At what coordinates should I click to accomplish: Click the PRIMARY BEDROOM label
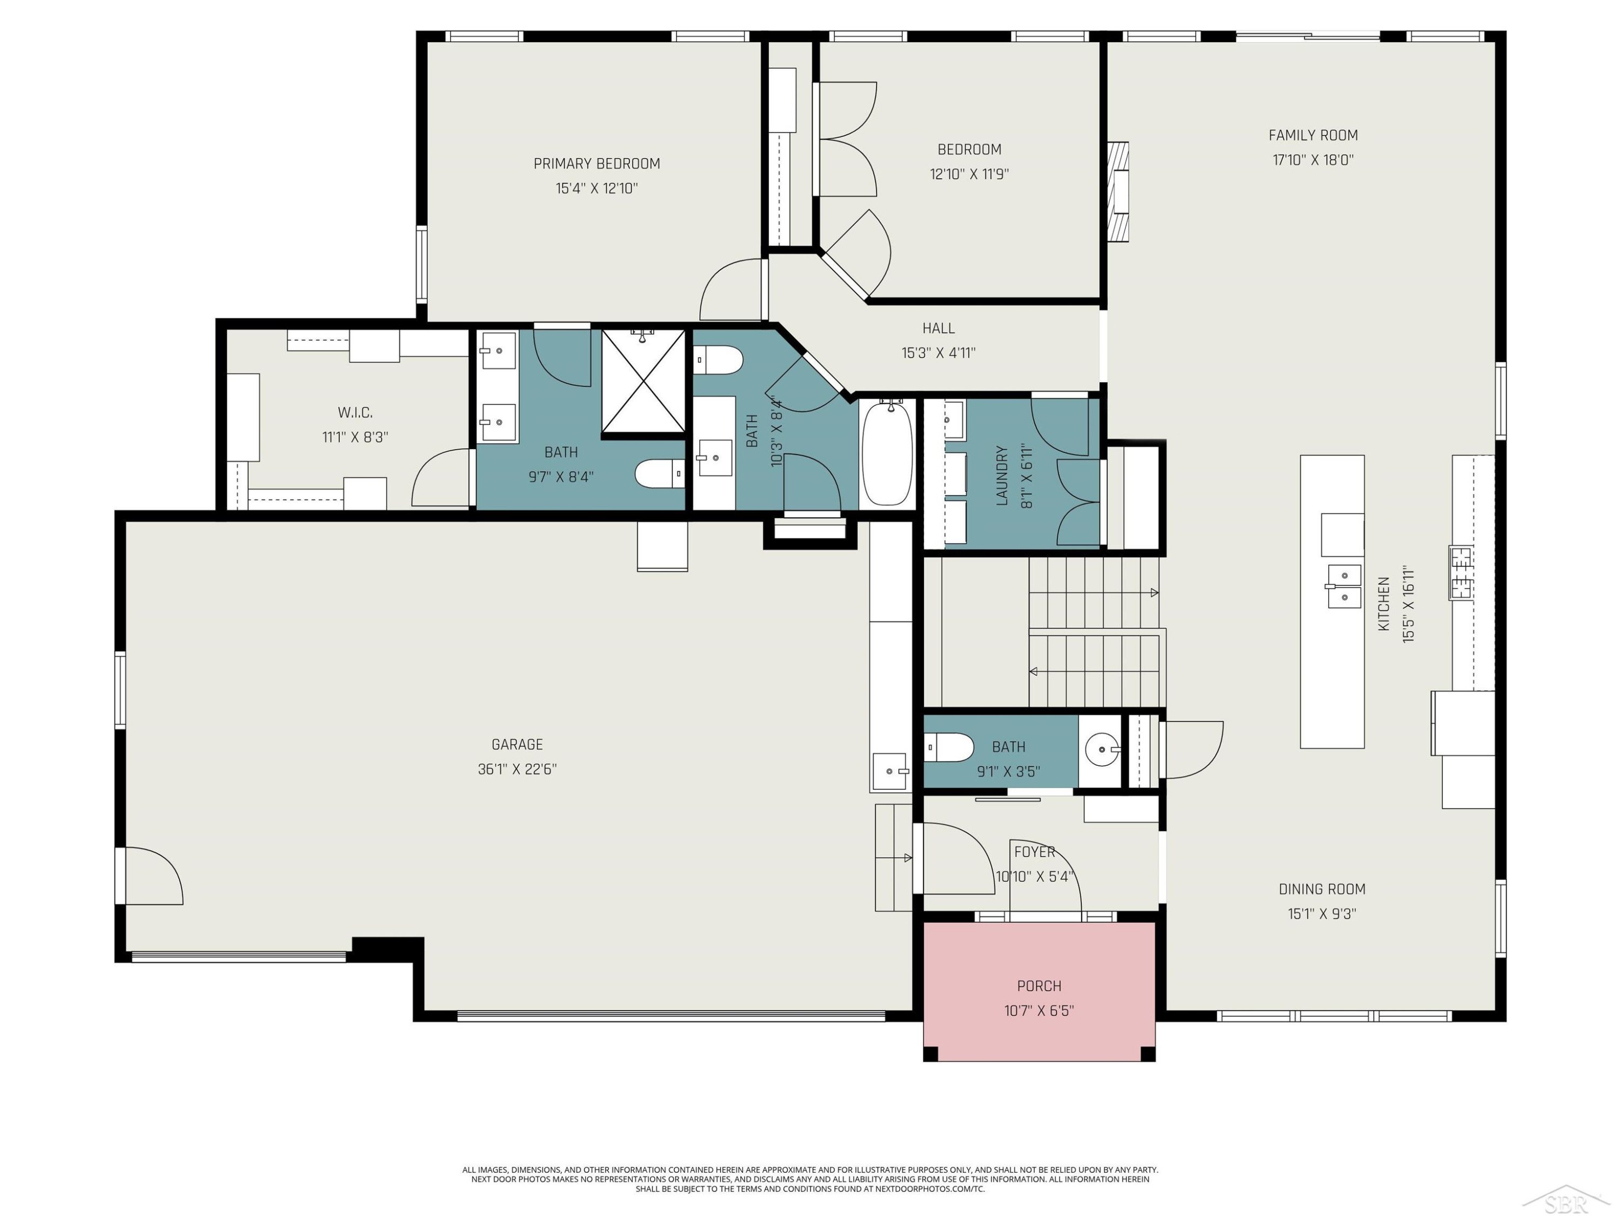[x=597, y=163]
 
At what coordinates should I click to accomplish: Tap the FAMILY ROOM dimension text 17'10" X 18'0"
[x=1312, y=159]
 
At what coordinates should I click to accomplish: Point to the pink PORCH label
[x=1039, y=986]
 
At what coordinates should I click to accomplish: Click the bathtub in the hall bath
[x=887, y=452]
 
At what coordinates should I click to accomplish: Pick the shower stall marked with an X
[x=642, y=382]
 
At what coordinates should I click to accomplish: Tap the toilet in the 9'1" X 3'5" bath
[x=948, y=747]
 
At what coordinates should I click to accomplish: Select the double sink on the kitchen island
[x=1343, y=586]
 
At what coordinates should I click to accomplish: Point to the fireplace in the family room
[x=1117, y=191]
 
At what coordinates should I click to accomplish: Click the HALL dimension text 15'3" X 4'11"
[x=938, y=352]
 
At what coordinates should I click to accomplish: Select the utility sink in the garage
[x=890, y=771]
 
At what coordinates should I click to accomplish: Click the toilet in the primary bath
[x=660, y=473]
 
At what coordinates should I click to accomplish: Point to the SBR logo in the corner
[x=1565, y=1198]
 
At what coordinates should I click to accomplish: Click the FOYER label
[x=1034, y=852]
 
